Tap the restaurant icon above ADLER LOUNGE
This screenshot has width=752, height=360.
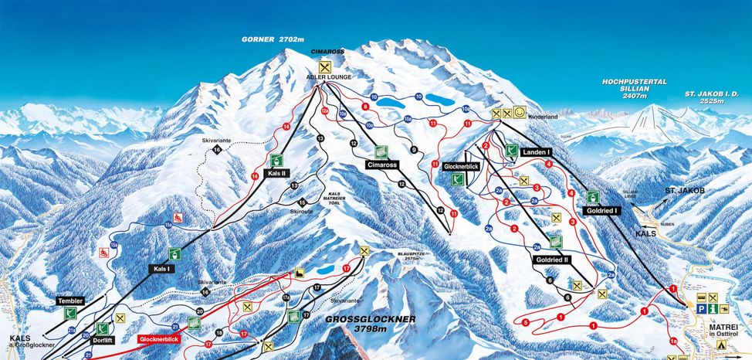click(x=324, y=66)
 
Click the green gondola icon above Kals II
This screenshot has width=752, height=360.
click(x=276, y=160)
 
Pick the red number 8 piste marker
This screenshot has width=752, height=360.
click(x=364, y=106)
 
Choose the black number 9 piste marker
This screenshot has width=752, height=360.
click(x=414, y=149)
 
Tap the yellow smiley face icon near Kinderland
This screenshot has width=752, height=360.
click(x=520, y=113)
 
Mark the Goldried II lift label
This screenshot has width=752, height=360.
click(x=551, y=260)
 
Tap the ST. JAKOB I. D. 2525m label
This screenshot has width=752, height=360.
click(x=711, y=97)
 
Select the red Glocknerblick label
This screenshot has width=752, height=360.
click(x=160, y=338)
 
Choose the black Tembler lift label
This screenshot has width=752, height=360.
click(x=69, y=301)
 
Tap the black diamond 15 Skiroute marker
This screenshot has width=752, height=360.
click(x=302, y=202)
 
